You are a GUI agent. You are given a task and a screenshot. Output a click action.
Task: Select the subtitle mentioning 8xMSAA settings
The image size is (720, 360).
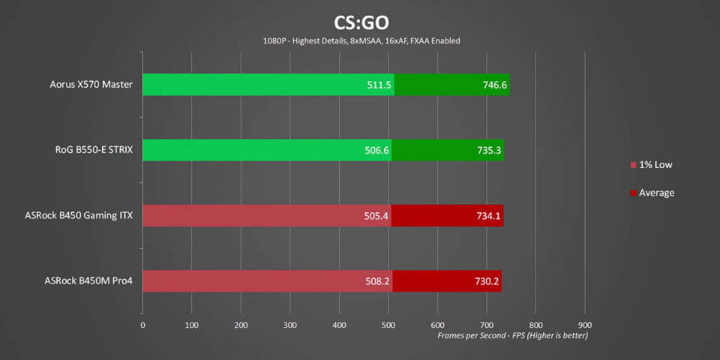click(361, 41)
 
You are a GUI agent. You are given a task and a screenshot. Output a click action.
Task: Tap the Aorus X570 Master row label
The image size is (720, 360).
click(91, 85)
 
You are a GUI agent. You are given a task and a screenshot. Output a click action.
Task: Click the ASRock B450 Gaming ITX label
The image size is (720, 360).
click(79, 216)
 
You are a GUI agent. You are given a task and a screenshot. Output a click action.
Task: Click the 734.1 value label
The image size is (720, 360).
click(489, 216)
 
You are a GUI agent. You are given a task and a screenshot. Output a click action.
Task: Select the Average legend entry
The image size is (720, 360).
click(652, 193)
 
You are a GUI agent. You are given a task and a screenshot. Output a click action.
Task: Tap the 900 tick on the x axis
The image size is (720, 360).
click(584, 325)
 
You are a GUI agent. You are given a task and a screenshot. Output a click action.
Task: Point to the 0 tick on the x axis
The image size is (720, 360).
click(142, 325)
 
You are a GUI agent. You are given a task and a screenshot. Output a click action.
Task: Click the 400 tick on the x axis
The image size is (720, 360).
click(339, 325)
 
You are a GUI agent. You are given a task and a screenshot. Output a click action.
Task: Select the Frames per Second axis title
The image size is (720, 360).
click(513, 335)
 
